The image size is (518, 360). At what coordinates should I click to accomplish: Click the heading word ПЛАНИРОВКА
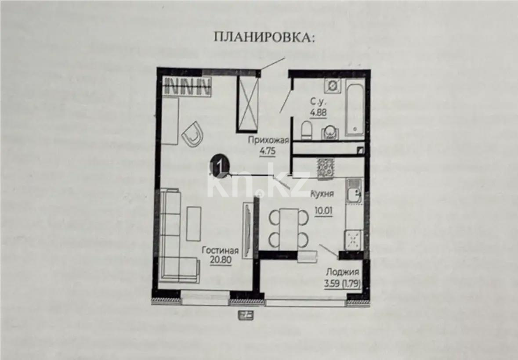click(264, 37)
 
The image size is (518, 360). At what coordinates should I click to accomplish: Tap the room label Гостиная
click(220, 251)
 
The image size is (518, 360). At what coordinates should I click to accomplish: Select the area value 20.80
click(220, 259)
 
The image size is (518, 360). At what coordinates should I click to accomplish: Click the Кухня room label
click(322, 194)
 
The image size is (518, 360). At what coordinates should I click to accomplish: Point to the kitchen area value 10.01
click(323, 209)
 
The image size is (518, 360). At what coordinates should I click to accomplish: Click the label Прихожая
click(268, 140)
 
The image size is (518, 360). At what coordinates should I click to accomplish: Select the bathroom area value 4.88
click(319, 112)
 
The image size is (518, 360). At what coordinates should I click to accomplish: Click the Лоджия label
click(342, 271)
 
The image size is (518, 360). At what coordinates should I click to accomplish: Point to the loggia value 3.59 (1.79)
click(342, 284)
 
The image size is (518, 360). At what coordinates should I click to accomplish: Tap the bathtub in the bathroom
click(354, 107)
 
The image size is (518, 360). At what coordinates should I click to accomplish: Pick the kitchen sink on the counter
click(354, 191)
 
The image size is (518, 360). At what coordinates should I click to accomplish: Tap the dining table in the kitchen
click(288, 227)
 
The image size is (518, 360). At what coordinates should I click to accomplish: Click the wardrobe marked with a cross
click(248, 103)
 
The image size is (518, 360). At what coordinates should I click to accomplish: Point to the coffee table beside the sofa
click(193, 223)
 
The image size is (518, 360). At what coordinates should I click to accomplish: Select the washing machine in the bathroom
click(333, 86)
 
